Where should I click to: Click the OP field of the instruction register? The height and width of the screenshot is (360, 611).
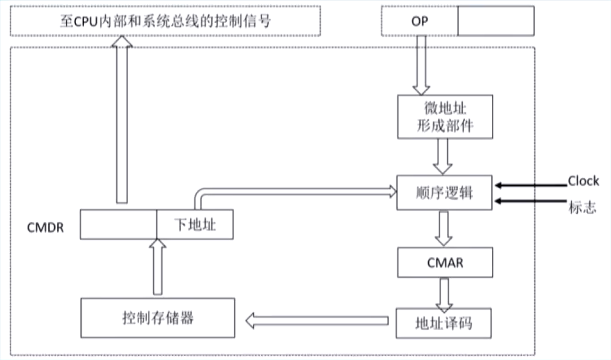[x=419, y=21]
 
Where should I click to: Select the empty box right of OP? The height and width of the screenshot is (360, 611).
[x=496, y=21]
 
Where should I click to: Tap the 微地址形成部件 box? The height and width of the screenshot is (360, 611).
[x=445, y=117]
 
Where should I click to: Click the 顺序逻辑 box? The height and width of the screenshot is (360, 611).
[x=444, y=193]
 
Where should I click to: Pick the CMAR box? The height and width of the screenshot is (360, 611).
[x=445, y=263]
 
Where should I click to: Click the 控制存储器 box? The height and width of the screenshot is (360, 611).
[x=158, y=317]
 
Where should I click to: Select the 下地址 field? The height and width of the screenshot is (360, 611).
[x=195, y=225]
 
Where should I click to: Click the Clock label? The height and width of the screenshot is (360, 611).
[x=583, y=181]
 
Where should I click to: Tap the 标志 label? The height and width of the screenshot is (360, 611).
[x=582, y=207]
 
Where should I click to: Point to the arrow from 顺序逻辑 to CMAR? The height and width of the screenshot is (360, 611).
[x=443, y=228]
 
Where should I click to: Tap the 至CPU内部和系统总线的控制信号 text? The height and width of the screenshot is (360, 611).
[x=165, y=21]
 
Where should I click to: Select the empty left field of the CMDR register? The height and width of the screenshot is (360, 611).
[x=118, y=225]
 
